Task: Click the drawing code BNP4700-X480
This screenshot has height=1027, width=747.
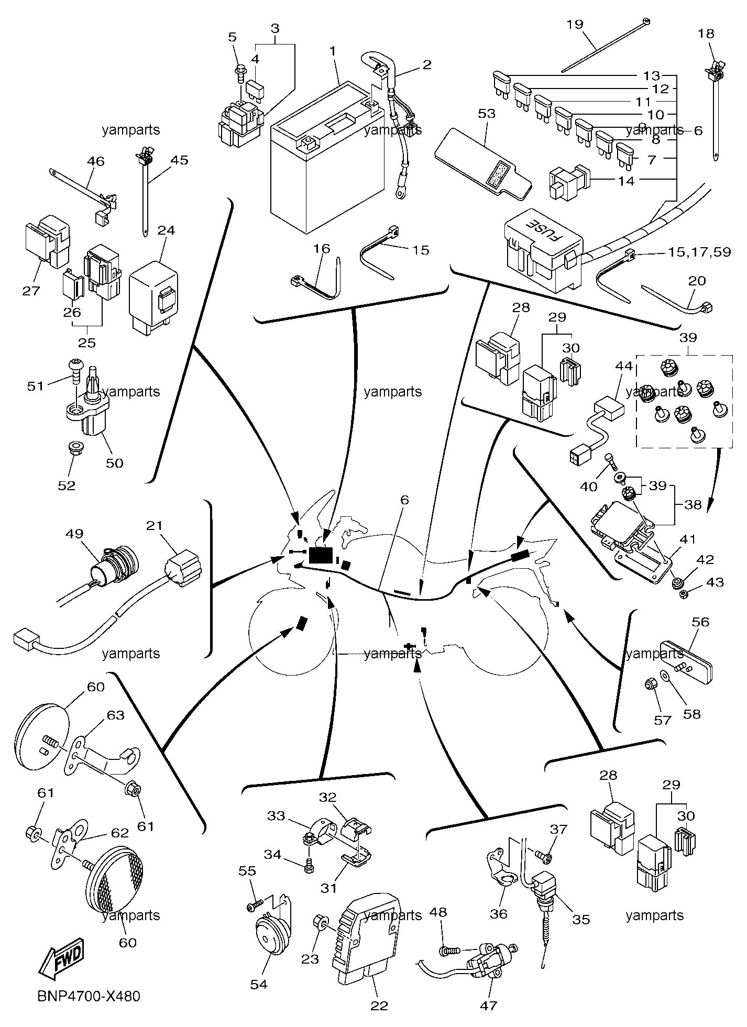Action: [x=89, y=996]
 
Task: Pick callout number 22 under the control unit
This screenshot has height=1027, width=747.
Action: [x=379, y=1006]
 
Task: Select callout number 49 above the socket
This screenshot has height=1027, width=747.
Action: [x=75, y=533]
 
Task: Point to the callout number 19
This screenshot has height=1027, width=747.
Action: [x=575, y=24]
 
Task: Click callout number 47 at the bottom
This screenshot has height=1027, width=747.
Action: [x=488, y=1005]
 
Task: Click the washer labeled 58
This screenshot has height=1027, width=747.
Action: [x=666, y=677]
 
